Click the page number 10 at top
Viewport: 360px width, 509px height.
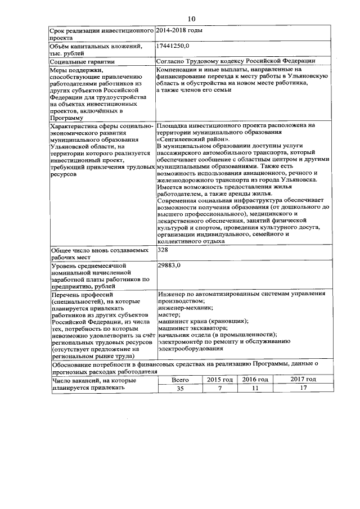tap(191, 19)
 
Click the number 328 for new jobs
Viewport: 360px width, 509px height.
tap(163, 249)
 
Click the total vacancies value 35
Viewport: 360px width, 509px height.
tap(180, 389)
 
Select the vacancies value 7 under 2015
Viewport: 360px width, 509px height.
tap(219, 389)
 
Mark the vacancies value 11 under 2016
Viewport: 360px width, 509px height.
tap(255, 389)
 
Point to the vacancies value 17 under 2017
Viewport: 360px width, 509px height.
tap(303, 389)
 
